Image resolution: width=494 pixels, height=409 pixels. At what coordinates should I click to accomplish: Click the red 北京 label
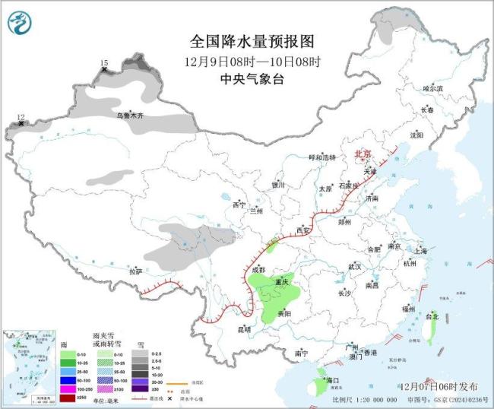[364, 154]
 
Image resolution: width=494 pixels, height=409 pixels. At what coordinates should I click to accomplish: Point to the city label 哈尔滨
[432, 89]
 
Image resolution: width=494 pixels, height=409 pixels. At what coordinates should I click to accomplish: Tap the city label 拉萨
[135, 271]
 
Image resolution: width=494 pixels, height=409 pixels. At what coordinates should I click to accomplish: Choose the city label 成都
[258, 270]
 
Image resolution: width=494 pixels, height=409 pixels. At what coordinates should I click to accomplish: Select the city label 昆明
[243, 328]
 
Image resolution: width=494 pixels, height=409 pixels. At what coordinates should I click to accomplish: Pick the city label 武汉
[354, 267]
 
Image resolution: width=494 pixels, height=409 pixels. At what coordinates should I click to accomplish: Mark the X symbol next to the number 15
[104, 70]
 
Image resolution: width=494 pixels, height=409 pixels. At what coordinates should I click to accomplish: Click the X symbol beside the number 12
[21, 123]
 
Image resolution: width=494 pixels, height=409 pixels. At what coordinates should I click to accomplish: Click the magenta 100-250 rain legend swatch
[68, 388]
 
